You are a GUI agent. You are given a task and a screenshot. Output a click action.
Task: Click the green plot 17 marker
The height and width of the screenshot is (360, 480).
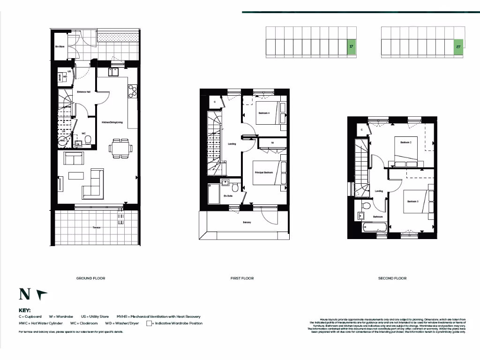[x=351, y=47]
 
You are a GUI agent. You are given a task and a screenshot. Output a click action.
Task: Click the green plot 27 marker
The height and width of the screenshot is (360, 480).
[x=458, y=47]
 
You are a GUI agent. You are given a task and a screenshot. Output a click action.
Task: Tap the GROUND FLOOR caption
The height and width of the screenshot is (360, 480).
[x=90, y=278]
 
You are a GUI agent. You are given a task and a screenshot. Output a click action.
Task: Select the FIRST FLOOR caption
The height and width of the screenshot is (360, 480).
[x=242, y=278]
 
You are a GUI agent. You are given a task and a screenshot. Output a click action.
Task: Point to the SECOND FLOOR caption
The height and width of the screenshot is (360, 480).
[x=392, y=278]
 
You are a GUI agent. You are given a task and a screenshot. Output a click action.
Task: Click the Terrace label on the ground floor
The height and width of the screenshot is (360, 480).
[x=96, y=228]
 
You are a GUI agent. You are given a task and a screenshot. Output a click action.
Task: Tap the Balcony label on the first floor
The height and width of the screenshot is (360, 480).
[x=247, y=222]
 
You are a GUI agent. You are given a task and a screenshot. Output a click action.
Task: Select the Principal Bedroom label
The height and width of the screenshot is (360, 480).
[x=263, y=173]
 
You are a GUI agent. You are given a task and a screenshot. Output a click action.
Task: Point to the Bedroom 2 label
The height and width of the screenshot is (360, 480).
[x=405, y=142]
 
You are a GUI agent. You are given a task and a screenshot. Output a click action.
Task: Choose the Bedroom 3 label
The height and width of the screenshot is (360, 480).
[x=412, y=202]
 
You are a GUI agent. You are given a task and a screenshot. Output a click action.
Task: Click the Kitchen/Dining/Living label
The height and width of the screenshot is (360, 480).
[x=112, y=123]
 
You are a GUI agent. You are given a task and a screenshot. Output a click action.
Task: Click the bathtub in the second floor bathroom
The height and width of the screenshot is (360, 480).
[x=375, y=227]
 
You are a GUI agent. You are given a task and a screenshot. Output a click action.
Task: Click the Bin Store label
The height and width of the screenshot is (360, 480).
[x=60, y=47]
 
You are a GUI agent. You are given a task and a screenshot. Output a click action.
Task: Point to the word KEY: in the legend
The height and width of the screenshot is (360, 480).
[x=24, y=310]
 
